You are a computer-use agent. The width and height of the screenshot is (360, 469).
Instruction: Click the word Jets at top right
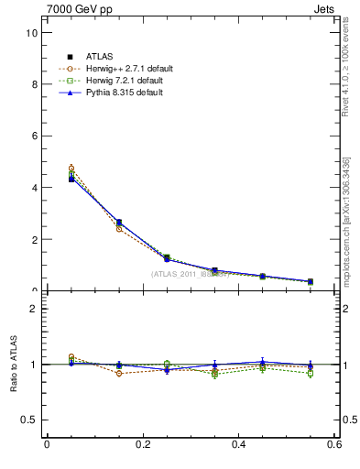(x=327, y=10)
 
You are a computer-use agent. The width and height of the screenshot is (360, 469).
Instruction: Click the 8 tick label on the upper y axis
(x=34, y=84)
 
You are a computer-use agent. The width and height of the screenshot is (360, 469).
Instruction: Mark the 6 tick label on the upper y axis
(x=34, y=136)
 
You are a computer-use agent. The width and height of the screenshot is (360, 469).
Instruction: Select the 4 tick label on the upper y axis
(x=34, y=188)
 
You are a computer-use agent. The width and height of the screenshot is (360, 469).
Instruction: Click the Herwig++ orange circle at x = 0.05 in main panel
(x=71, y=169)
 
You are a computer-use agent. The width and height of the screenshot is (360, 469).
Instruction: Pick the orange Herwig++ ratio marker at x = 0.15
(x=119, y=373)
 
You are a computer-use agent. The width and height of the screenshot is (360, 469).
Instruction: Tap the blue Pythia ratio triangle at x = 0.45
(x=263, y=362)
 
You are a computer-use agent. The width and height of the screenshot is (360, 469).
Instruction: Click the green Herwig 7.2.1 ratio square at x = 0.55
(x=311, y=374)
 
